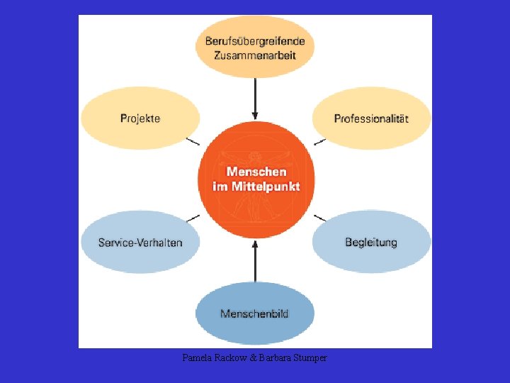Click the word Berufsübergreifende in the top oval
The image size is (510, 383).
pyautogui.click(x=255, y=41)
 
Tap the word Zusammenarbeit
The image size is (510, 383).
pyautogui.click(x=255, y=55)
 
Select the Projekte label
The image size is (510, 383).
pyautogui.click(x=140, y=118)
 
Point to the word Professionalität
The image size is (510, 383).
pyautogui.click(x=371, y=118)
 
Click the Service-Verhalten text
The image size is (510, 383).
pyautogui.click(x=140, y=243)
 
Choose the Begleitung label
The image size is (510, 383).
pyautogui.click(x=371, y=243)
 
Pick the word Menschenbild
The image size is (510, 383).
pyautogui.click(x=254, y=313)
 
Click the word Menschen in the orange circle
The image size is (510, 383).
pyautogui.click(x=256, y=172)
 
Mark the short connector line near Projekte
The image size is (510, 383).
pyautogui.click(x=192, y=141)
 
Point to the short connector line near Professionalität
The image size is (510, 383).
pyautogui.click(x=319, y=141)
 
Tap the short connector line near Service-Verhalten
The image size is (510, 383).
pyautogui.click(x=193, y=217)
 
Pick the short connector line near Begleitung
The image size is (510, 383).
pyautogui.click(x=319, y=217)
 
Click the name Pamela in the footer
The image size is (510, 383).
pyautogui.click(x=195, y=358)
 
